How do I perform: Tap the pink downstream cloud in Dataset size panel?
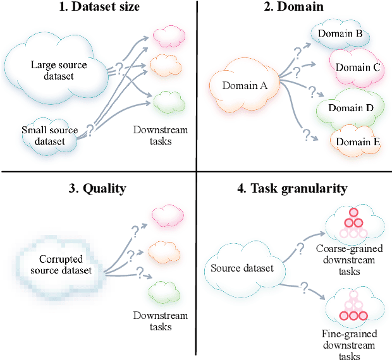click(167, 36)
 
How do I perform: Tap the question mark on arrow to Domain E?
click(305, 135)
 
